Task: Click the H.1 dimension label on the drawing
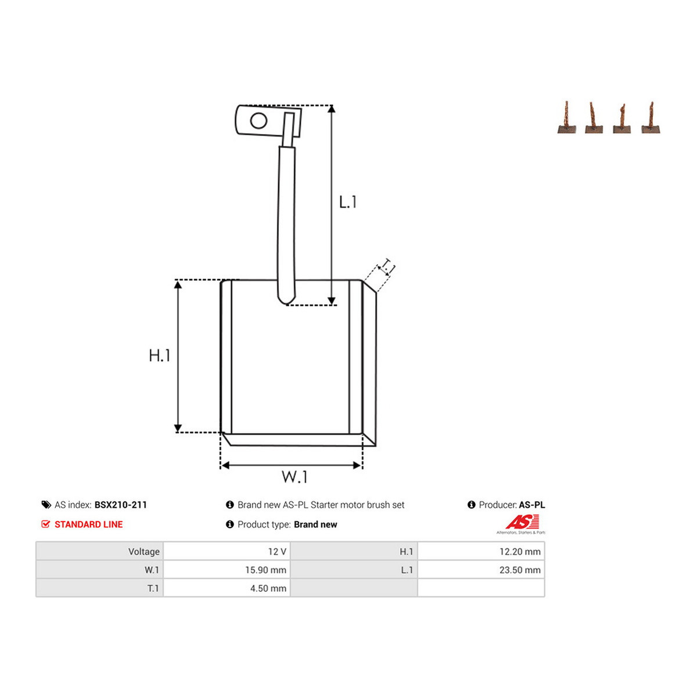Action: pos(159,355)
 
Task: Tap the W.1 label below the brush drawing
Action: pos(294,477)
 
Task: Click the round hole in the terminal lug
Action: pos(258,121)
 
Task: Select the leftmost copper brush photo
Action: pos(567,117)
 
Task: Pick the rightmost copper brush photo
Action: pos(651,117)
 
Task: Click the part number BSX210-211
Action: pos(121,505)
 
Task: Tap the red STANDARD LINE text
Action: pos(89,524)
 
